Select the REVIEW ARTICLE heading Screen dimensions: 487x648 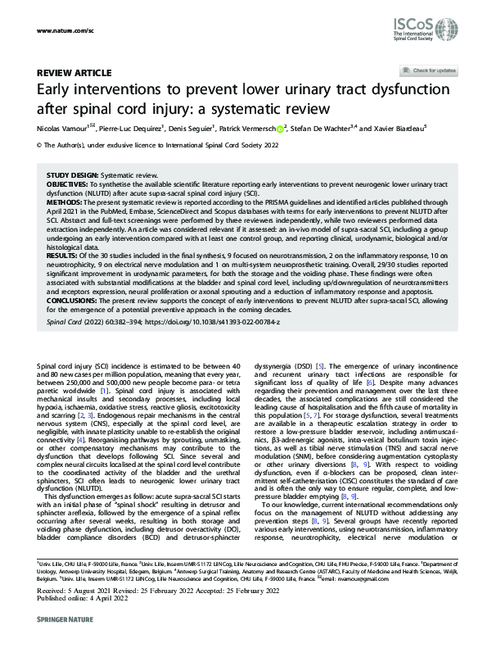[70, 73]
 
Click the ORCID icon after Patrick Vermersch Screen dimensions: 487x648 [281, 129]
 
